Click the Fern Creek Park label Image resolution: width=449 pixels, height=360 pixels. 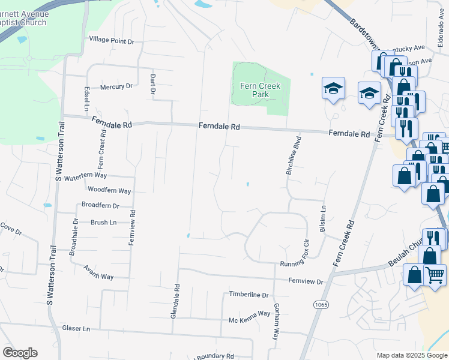[x=261, y=90]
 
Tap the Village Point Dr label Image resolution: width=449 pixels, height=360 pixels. [x=112, y=41]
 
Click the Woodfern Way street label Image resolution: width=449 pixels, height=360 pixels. [x=109, y=191]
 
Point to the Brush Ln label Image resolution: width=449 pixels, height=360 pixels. [x=103, y=223]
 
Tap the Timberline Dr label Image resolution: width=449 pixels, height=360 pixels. [x=249, y=295]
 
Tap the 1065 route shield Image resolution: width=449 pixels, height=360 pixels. [x=321, y=305]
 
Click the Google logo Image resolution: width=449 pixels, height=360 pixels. [x=20, y=353]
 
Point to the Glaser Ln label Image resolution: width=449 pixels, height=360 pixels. [x=76, y=329]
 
